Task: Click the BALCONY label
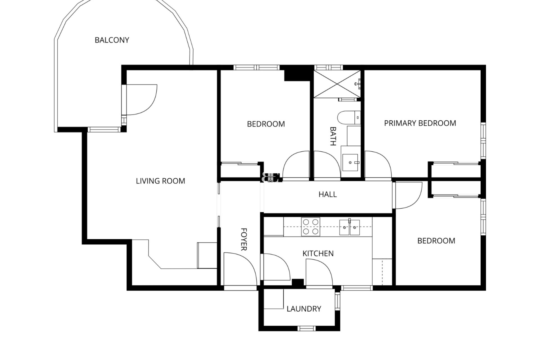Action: [x=112, y=40]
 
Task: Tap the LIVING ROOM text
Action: [x=160, y=181]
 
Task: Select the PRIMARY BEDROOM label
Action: [x=420, y=123]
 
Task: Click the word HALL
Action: [x=327, y=194]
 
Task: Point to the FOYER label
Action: [x=244, y=239]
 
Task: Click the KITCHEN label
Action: [x=318, y=253]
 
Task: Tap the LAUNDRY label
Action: [x=304, y=309]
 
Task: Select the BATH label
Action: [x=333, y=136]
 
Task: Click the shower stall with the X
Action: [x=337, y=84]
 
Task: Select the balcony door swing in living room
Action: [x=141, y=100]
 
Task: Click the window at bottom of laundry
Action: [x=307, y=328]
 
